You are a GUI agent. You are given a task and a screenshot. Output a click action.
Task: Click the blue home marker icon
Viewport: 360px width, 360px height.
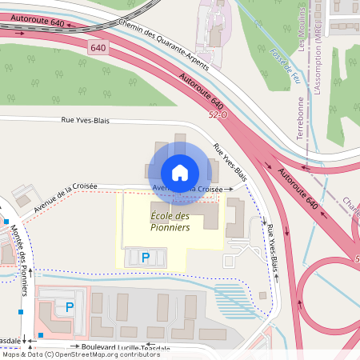click(180, 172)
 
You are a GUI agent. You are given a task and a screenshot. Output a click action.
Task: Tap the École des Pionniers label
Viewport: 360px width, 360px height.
click(170, 222)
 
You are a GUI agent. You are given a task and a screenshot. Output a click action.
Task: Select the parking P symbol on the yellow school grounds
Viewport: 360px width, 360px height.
click(145, 258)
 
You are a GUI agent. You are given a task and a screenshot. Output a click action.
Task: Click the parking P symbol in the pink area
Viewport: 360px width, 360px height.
click(69, 306)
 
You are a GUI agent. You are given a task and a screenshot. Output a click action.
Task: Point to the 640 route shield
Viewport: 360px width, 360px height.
click(98, 49)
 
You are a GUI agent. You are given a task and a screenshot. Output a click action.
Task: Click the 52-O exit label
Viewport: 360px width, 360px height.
click(217, 116)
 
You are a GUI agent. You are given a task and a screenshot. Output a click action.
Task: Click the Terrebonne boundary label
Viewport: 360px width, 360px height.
click(301, 118)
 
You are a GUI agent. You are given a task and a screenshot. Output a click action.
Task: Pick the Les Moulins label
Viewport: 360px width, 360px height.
click(302, 27)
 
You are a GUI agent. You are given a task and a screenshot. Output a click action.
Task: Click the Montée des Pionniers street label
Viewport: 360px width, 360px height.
click(22, 254)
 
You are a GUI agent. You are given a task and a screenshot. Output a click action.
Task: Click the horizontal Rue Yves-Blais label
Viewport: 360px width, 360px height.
click(85, 120)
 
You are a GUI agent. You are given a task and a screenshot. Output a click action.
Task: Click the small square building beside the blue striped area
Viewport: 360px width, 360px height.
click(263, 294)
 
